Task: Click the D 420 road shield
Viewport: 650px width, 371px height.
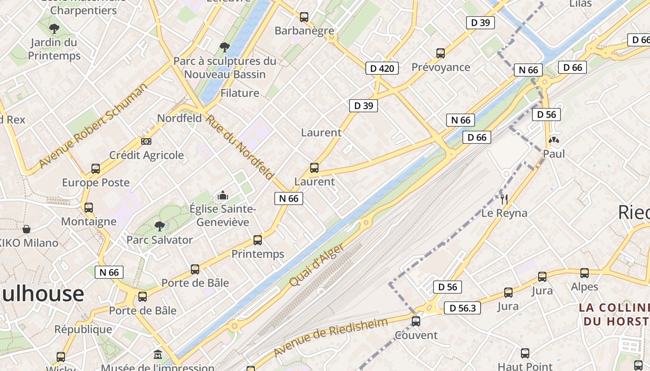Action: click(x=382, y=69)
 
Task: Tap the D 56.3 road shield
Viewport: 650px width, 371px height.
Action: click(x=462, y=308)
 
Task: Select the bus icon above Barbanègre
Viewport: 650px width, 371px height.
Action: click(x=304, y=17)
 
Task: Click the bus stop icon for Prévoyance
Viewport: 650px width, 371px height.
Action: click(x=441, y=53)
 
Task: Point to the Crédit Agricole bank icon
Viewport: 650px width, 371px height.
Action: click(x=146, y=141)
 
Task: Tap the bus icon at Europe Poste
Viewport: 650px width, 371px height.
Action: click(x=96, y=168)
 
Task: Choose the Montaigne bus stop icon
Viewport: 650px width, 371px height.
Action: click(x=89, y=207)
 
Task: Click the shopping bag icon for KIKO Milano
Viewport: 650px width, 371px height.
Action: click(x=26, y=229)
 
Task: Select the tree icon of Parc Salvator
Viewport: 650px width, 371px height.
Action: click(x=160, y=226)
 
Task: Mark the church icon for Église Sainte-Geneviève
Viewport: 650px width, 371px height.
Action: click(x=223, y=195)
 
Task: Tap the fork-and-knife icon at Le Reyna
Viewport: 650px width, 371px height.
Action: click(x=504, y=199)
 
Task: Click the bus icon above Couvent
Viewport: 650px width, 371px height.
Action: click(x=416, y=321)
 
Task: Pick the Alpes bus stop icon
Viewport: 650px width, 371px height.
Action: click(x=585, y=273)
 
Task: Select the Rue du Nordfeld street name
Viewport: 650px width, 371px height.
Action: click(x=240, y=147)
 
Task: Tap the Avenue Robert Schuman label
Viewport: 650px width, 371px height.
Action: click(x=93, y=125)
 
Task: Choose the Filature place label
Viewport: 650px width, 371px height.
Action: click(x=240, y=93)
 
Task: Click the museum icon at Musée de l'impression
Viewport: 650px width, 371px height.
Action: click(x=158, y=355)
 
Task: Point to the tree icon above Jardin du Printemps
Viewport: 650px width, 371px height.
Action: click(x=54, y=29)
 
